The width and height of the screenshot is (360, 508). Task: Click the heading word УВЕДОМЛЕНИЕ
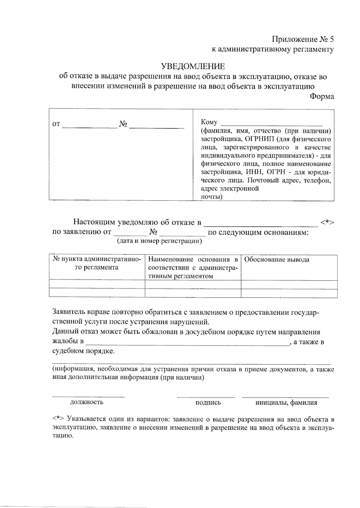click(193, 66)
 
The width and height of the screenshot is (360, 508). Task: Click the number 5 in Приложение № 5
click(331, 39)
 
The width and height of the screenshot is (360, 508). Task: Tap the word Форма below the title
click(322, 97)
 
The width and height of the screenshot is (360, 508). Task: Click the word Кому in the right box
click(209, 122)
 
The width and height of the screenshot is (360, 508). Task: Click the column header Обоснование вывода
click(277, 260)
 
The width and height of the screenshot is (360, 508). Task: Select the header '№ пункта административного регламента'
click(97, 263)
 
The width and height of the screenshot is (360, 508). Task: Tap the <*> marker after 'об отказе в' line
click(327, 222)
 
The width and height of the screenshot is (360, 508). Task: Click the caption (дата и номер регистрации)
click(159, 241)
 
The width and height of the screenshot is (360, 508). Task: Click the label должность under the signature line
click(87, 402)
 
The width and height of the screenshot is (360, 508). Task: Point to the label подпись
click(208, 403)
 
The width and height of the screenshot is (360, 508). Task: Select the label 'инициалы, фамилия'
click(286, 403)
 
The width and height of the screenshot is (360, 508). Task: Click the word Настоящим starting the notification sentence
click(94, 222)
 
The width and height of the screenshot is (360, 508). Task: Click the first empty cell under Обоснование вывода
click(289, 284)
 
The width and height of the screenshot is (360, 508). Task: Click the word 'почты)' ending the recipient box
click(211, 197)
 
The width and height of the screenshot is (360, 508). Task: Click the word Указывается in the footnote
click(85, 419)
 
